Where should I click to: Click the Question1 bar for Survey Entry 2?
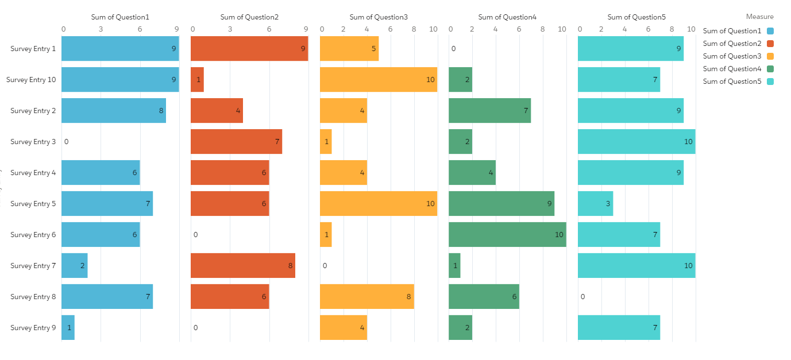point(114,111)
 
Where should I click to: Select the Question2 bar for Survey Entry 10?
point(197,80)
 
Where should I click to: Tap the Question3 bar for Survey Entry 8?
point(366,297)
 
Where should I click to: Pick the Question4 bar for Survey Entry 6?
point(507,235)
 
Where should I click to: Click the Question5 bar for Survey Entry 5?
point(595,204)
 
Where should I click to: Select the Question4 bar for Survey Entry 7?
point(454,266)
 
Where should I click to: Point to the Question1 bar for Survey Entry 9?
point(68,328)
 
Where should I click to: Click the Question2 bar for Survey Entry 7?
point(243,266)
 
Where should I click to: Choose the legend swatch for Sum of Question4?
point(770,69)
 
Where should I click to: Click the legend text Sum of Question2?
point(732,44)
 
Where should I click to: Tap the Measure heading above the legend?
point(759,17)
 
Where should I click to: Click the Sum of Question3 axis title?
point(379,17)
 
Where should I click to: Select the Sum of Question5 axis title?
point(636,17)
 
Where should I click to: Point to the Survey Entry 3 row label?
point(33,142)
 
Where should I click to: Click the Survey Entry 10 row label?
point(31,80)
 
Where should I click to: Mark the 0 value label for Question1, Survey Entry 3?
point(67,142)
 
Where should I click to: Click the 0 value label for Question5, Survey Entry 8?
point(582,297)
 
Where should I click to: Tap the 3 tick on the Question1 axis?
point(101,29)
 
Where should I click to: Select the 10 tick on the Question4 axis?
point(562,29)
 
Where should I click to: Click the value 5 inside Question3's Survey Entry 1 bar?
point(374,49)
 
